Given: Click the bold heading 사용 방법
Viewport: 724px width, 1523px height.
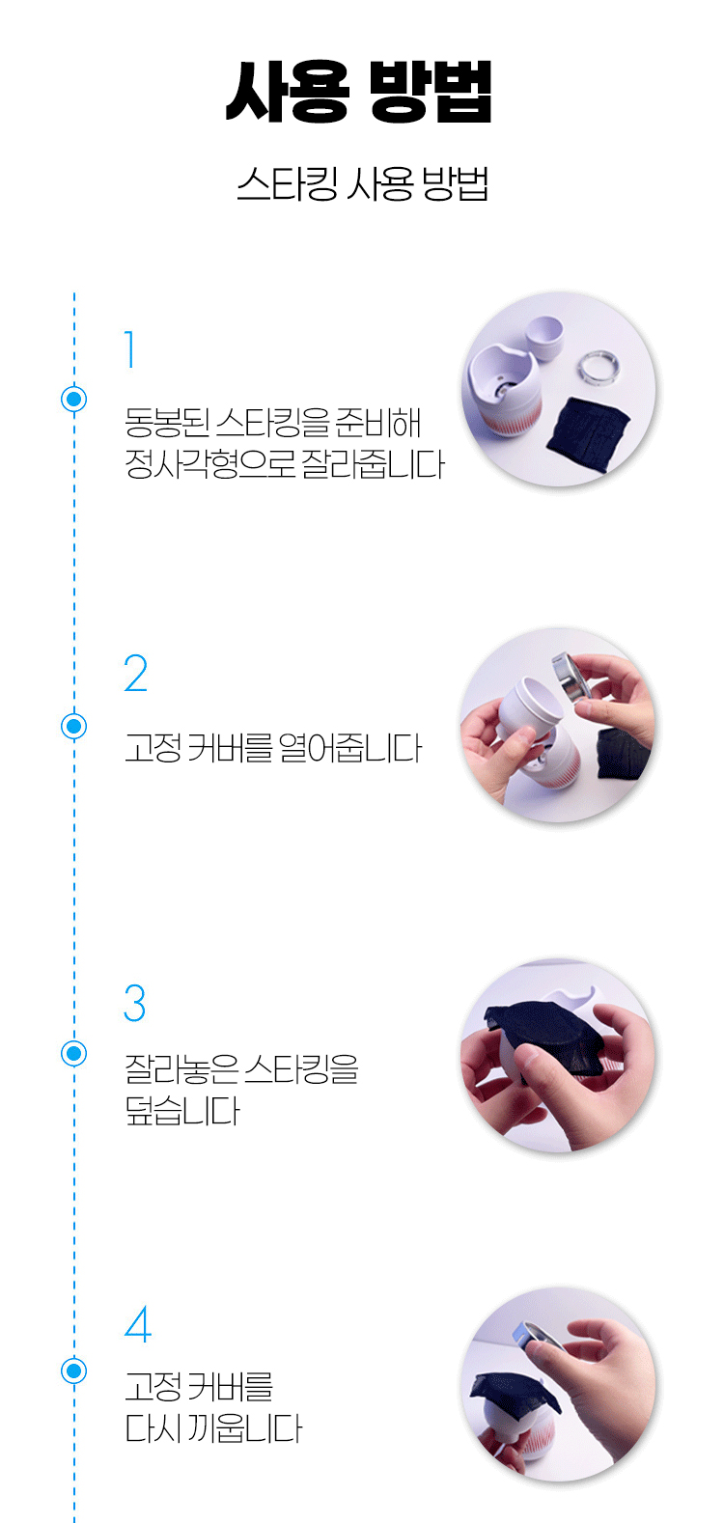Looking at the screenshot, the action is point(358,92).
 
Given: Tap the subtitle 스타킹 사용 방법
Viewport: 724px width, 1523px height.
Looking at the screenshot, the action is point(362,183).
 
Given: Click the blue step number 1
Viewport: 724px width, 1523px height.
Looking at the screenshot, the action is point(130,349).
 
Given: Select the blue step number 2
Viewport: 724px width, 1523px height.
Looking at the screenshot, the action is point(136,673).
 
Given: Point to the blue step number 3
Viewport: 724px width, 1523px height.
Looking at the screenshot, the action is point(134,1003).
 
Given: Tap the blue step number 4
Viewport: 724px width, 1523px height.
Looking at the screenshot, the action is point(138,1324).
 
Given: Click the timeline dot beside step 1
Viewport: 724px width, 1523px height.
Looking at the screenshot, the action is point(74,399).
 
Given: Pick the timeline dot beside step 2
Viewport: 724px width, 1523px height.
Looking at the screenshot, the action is point(74,726).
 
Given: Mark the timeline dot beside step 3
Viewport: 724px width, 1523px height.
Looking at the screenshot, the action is point(74,1053).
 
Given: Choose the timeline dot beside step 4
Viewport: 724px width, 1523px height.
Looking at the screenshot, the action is point(74,1371).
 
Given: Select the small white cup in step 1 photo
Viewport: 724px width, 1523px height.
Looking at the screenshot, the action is point(545,336).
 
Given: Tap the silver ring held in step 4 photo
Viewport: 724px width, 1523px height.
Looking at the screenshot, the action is point(536,1337).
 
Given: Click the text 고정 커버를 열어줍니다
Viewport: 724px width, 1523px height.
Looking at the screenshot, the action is point(273,748).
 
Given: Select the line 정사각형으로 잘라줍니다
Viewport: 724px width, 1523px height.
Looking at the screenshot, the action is point(284,464).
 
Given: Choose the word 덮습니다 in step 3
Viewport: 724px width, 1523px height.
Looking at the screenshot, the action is point(182,1111).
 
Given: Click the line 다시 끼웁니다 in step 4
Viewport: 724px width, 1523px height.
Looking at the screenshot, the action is point(213,1428).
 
